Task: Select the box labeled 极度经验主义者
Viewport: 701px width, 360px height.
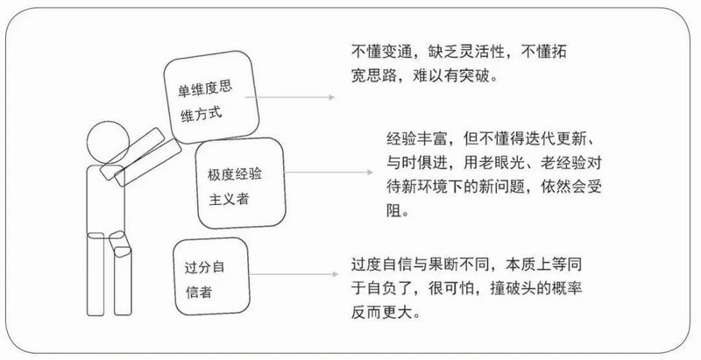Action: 239,187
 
